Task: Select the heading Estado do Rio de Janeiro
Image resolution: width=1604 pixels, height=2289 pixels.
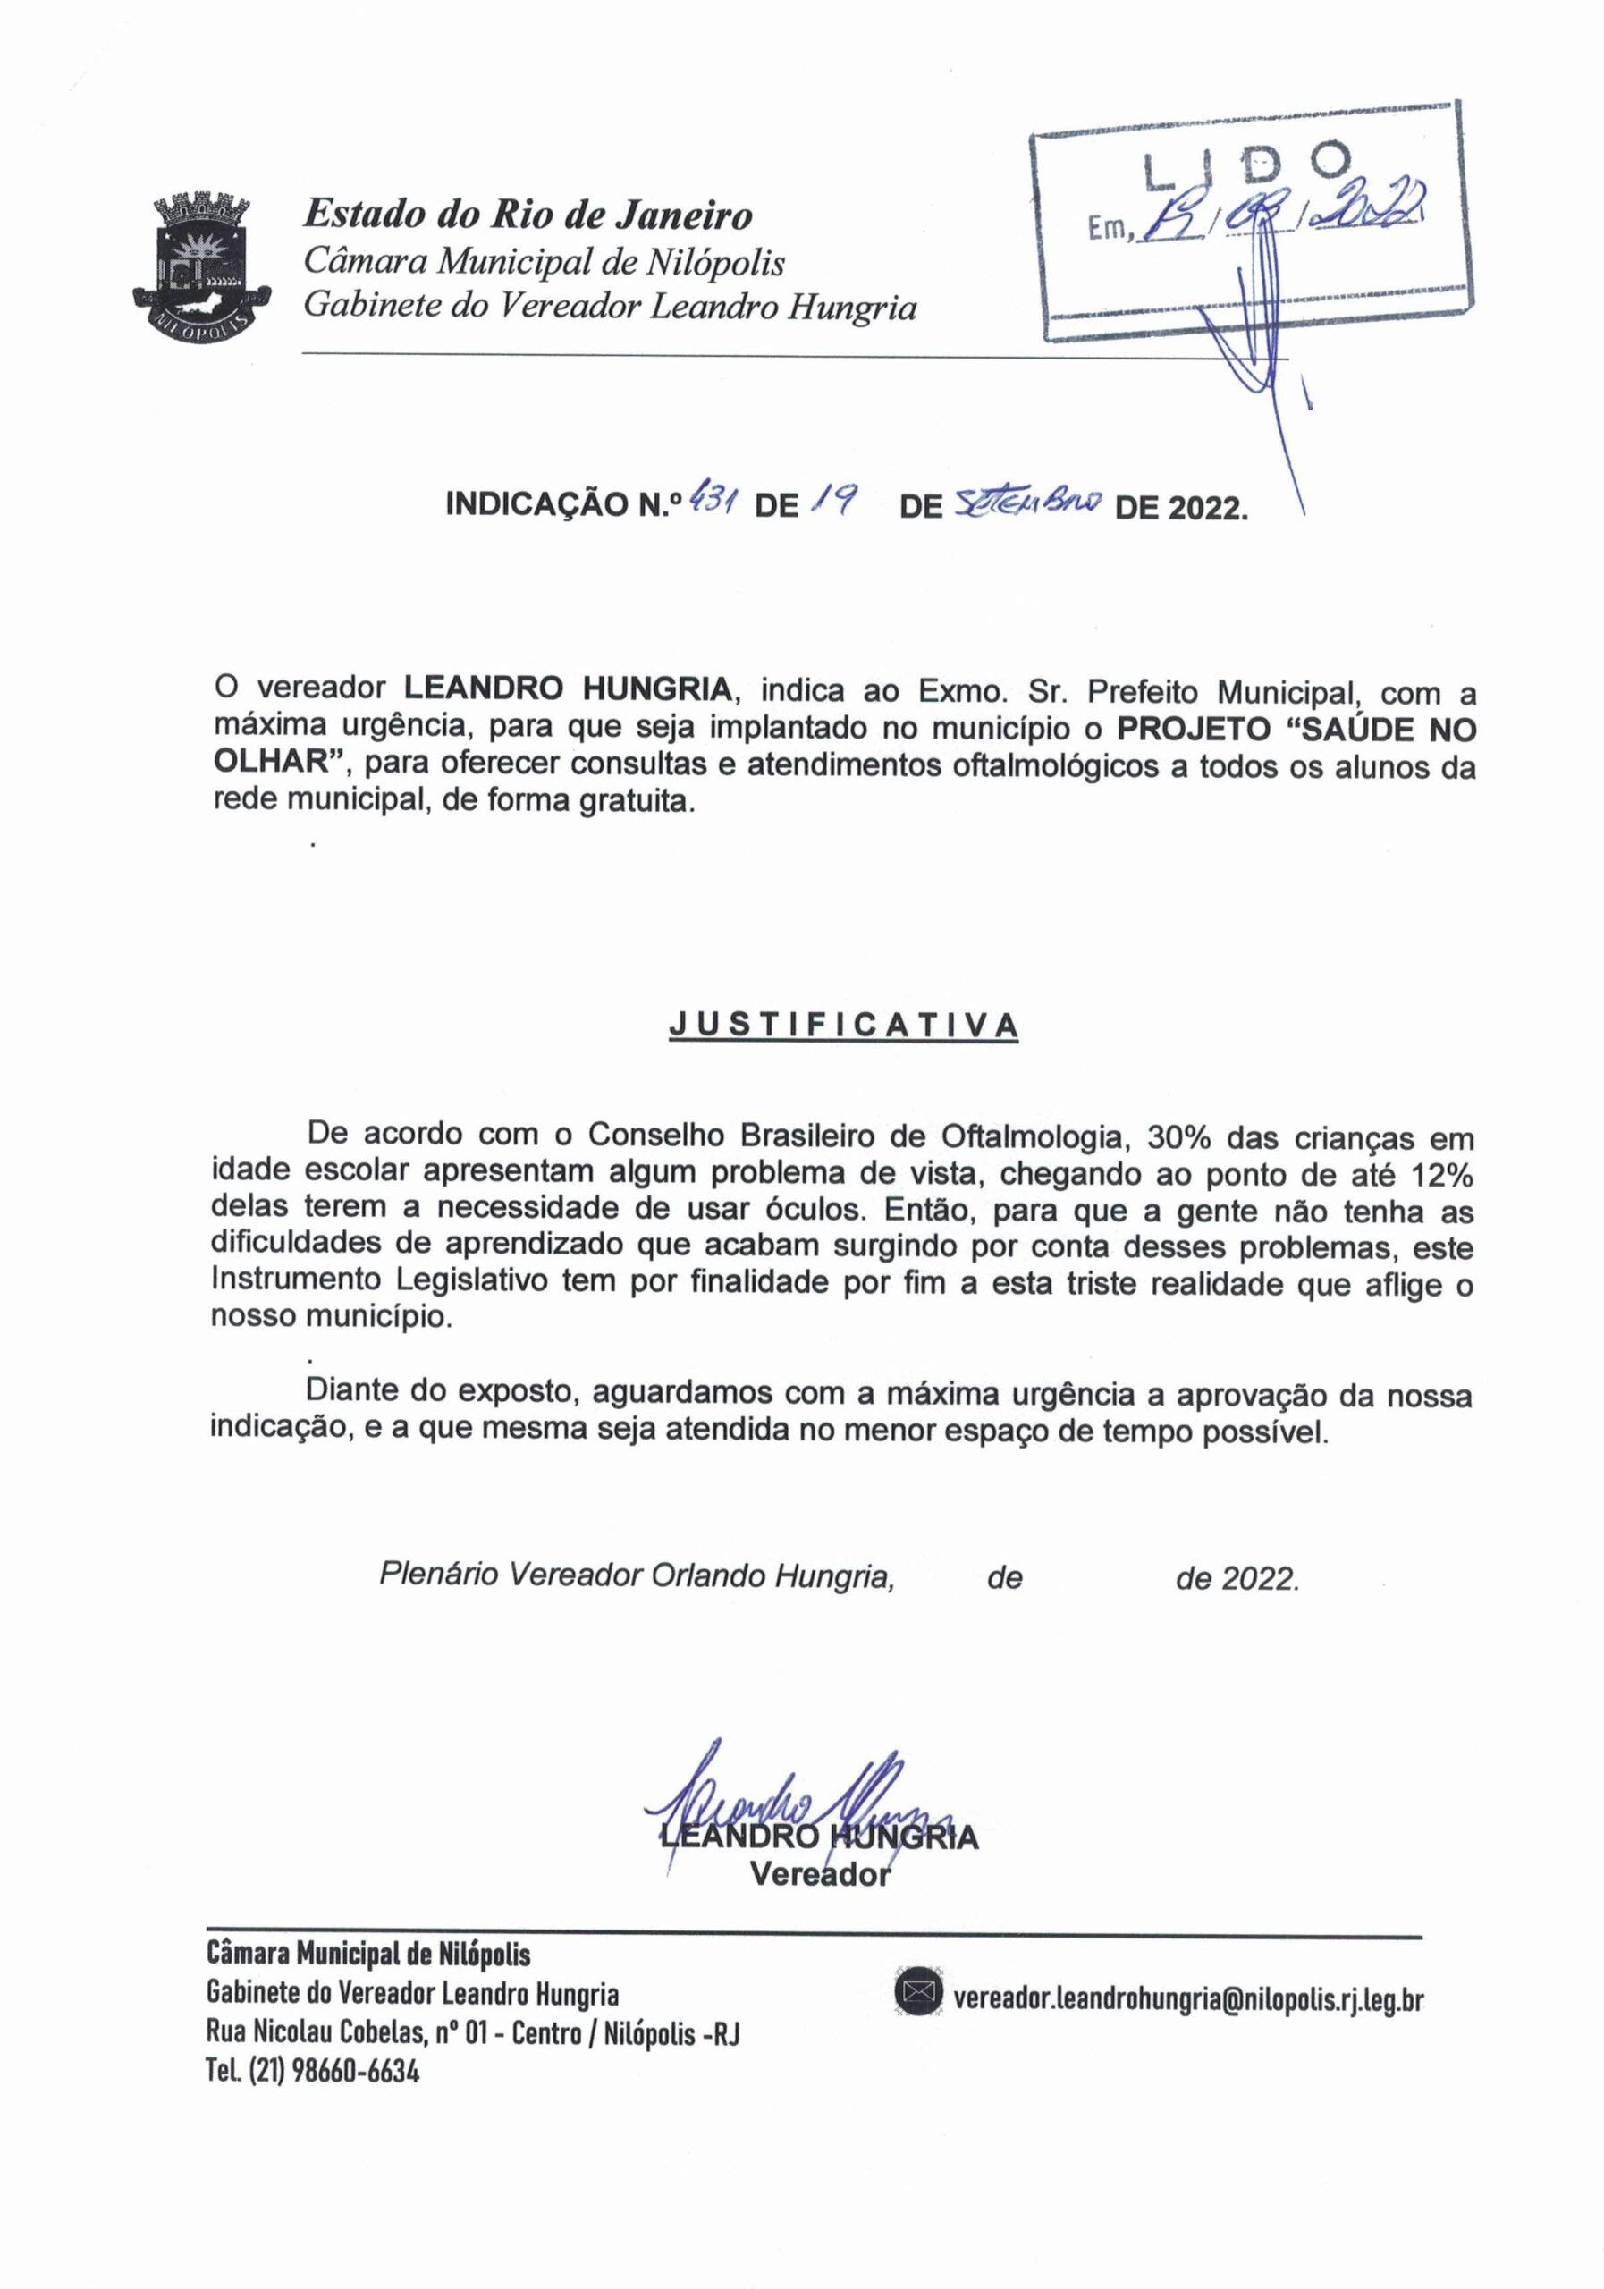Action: pyautogui.click(x=528, y=215)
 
